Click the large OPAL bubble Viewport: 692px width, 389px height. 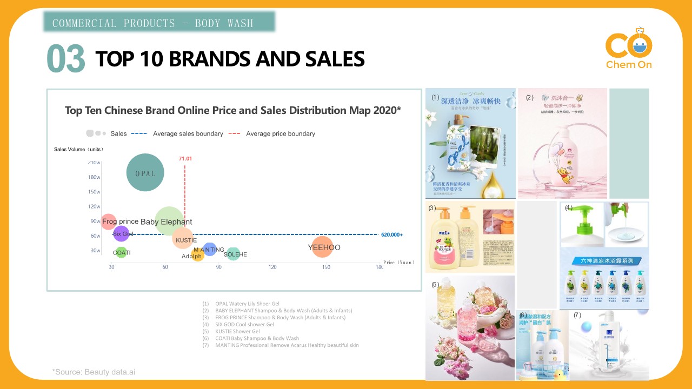pos(145,172)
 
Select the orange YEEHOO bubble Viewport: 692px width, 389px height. pos(323,247)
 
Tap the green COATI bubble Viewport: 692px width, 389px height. pos(121,252)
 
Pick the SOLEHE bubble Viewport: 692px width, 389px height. pos(233,253)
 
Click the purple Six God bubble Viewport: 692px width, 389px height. pos(122,233)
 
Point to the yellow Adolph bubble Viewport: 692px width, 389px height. pos(198,254)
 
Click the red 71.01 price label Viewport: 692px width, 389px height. pos(185,158)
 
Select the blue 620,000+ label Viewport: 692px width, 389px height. pos(392,234)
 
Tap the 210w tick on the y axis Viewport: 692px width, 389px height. pos(94,162)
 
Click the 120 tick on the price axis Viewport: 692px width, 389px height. pos(272,267)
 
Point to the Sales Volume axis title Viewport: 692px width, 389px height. pos(78,149)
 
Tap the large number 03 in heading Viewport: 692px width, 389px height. pos(66,59)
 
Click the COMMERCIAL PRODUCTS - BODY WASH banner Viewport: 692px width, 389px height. pos(159,22)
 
